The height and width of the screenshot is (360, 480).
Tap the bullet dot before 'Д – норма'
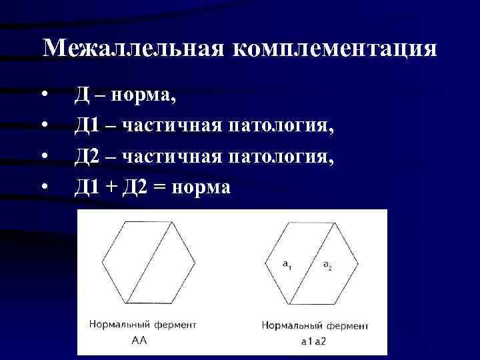click(44, 95)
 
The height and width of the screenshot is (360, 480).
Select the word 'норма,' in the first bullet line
click(145, 95)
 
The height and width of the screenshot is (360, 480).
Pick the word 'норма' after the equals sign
click(201, 187)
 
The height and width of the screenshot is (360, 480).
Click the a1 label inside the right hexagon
click(287, 266)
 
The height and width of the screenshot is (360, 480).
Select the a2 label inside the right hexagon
click(328, 266)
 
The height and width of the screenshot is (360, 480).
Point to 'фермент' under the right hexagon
click(346, 325)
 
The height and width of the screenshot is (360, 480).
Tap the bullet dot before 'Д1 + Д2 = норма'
click(44, 187)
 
